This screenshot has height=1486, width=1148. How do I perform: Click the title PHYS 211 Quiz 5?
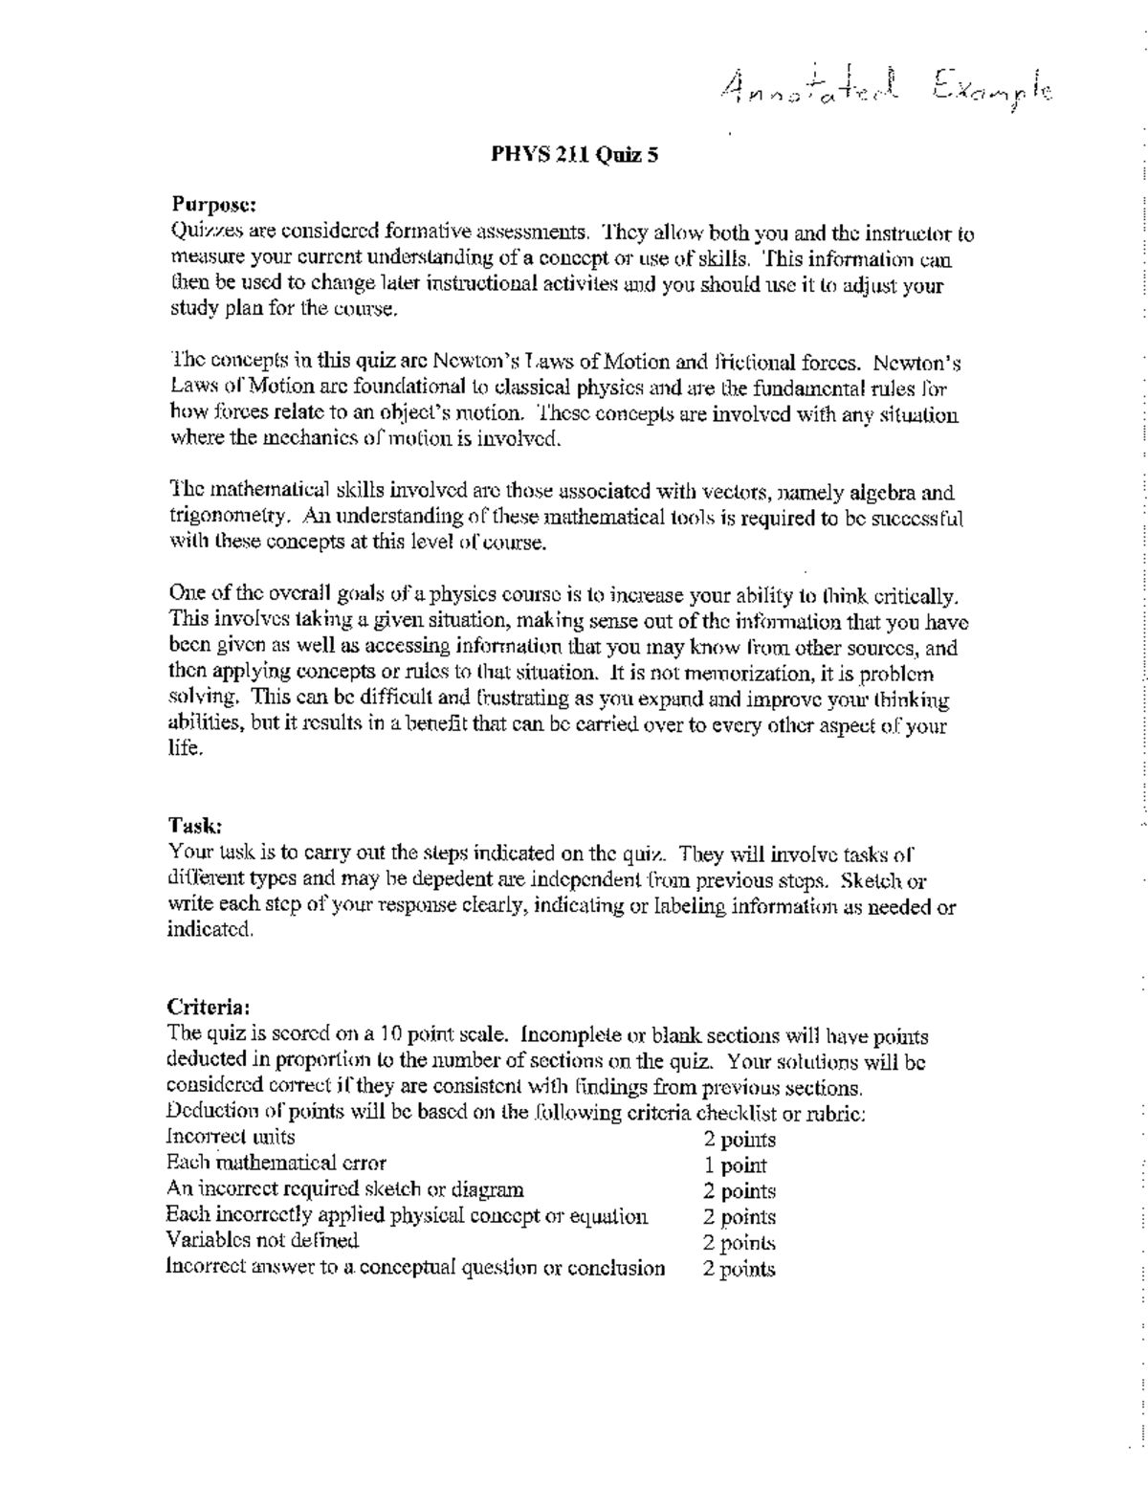point(574,154)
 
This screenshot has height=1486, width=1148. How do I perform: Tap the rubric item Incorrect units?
point(231,1138)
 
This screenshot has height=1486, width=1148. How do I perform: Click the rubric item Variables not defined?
point(262,1241)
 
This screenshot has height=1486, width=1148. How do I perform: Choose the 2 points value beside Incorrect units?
point(740,1140)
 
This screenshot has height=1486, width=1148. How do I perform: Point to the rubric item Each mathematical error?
point(276,1164)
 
